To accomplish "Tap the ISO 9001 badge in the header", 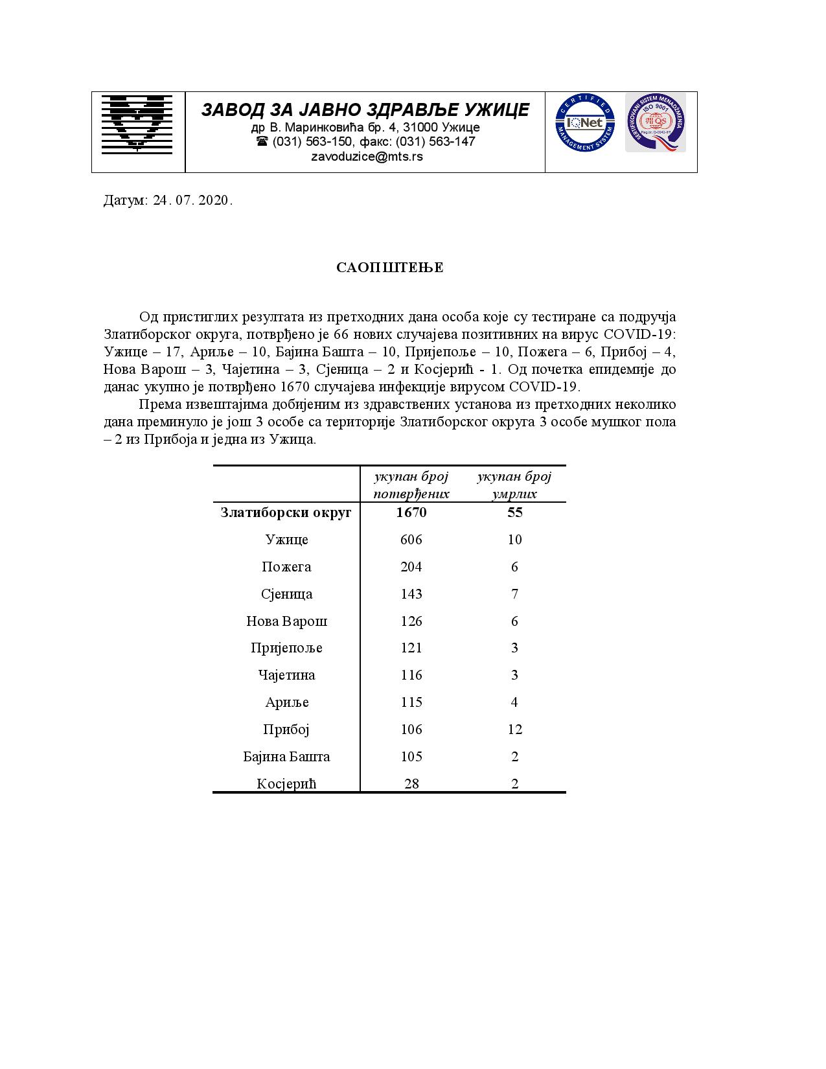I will (655, 122).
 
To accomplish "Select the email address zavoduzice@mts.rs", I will (367, 156).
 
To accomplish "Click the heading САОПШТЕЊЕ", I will (390, 268).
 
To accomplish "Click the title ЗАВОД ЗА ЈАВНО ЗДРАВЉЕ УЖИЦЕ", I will (365, 109).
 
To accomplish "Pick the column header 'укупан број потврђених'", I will (411, 485).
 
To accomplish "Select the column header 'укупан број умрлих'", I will (514, 485).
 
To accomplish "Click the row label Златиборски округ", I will (286, 512).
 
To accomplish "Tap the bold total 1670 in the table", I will (411, 512).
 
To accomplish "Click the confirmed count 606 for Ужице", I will (411, 540).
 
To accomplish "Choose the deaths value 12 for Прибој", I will (514, 730).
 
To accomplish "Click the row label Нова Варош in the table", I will (286, 621).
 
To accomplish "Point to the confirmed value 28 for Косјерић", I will (411, 784).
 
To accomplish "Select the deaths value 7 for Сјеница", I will (514, 594).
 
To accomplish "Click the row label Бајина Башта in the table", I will (286, 757).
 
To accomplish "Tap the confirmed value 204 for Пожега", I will (411, 567).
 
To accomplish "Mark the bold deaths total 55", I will (514, 512).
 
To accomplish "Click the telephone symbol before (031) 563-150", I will (262, 141).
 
